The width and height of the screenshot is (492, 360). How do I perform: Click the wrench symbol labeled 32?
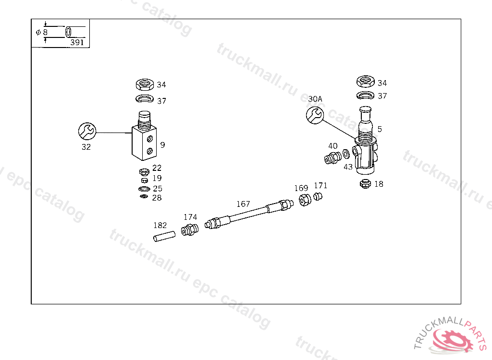coord(87,131)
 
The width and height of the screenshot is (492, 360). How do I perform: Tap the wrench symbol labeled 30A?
coord(315,115)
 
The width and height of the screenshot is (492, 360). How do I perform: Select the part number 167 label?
coord(243,204)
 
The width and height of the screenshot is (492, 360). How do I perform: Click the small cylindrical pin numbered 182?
coord(164,236)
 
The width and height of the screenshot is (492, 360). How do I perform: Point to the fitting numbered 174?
coord(190,230)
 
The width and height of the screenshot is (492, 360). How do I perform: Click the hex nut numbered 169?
coord(305,200)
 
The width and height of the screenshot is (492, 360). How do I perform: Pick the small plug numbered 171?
coord(318,197)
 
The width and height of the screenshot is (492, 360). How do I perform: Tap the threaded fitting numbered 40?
coord(332,158)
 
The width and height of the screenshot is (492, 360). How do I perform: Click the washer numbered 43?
coord(346,154)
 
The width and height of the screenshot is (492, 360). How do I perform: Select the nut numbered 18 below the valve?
coord(365,183)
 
